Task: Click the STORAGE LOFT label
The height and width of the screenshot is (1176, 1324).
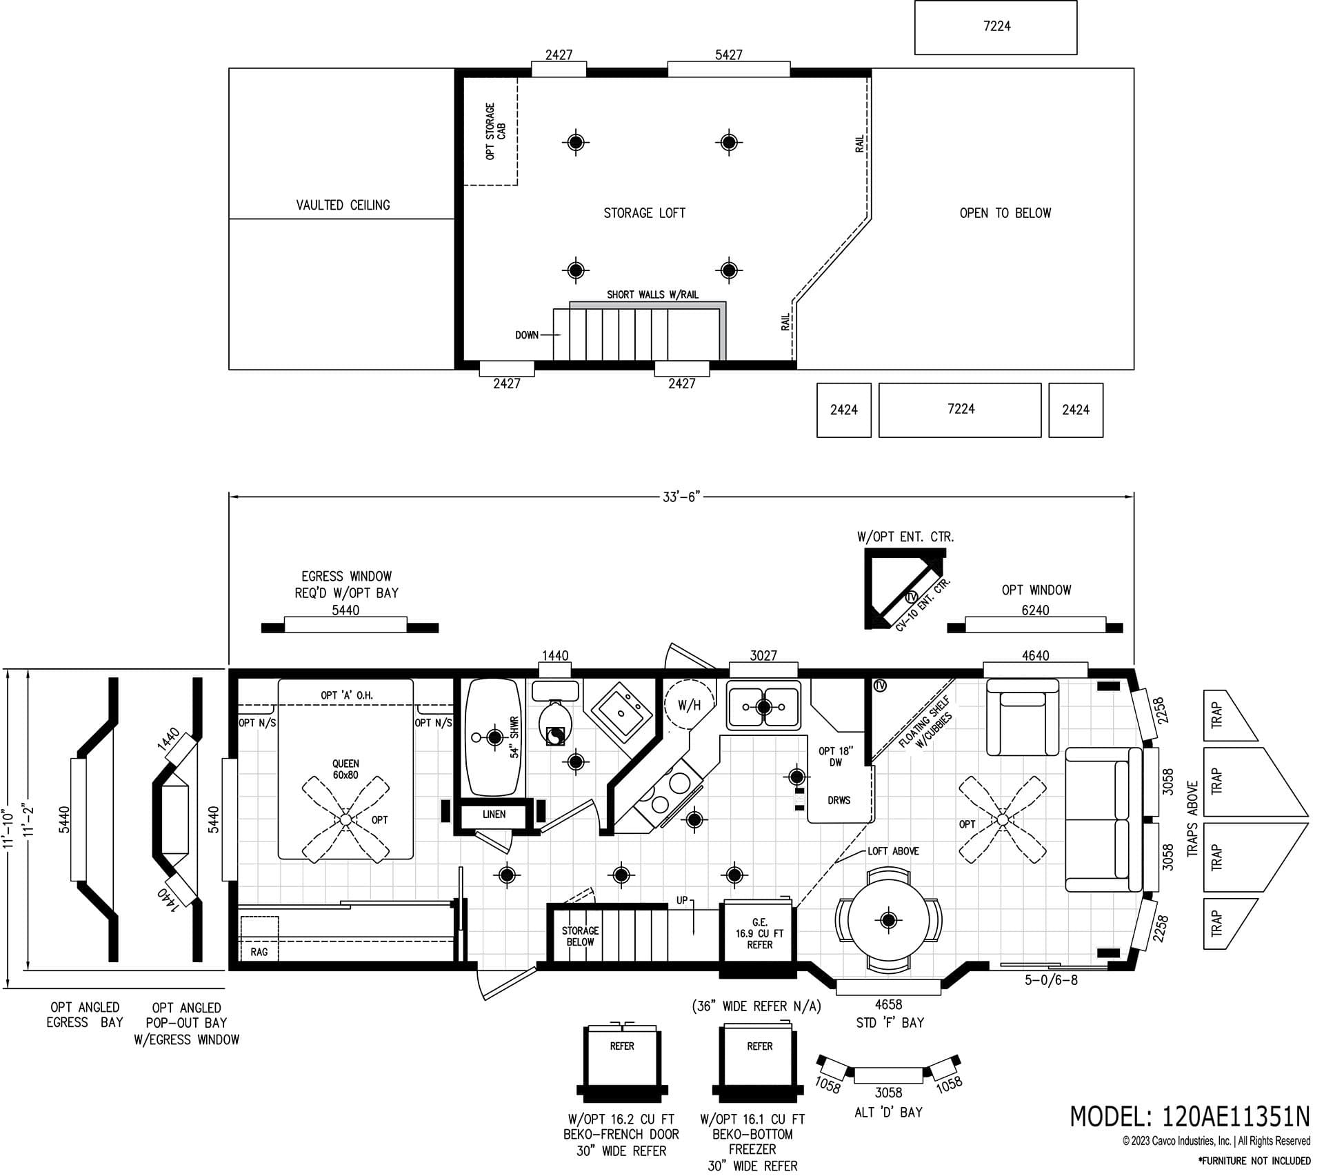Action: [x=644, y=213]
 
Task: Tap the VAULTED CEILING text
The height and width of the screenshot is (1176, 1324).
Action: [x=343, y=205]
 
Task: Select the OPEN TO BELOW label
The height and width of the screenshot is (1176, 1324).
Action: [x=1005, y=213]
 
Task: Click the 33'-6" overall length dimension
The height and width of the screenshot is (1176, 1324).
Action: [x=681, y=497]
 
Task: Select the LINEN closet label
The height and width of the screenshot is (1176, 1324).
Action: [x=494, y=815]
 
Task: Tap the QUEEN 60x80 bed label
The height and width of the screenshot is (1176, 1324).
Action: [x=345, y=769]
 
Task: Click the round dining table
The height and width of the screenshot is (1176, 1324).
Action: [x=887, y=919]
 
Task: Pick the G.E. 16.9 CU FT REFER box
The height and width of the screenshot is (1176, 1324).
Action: [x=759, y=934]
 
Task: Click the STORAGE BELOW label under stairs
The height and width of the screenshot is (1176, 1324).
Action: [x=579, y=936]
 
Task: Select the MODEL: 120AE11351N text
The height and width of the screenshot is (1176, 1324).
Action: [x=1189, y=1116]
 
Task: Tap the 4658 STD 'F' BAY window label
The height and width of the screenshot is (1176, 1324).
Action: [x=888, y=1013]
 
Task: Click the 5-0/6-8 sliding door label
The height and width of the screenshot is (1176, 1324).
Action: [x=1050, y=980]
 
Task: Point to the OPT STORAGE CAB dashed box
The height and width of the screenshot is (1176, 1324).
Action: [x=491, y=131]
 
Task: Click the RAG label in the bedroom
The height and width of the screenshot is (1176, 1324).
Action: [x=259, y=953]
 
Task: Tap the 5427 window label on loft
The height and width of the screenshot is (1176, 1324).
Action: [x=728, y=54]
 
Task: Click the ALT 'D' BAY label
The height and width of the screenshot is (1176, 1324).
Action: [x=888, y=1112]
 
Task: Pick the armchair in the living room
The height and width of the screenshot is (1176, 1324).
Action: [x=1023, y=717]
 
